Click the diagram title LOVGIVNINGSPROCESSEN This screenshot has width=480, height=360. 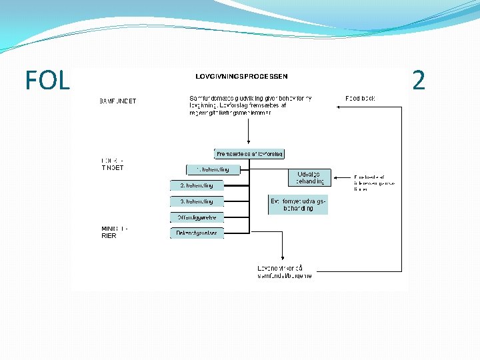click(241, 76)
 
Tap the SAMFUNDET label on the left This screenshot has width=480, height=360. click(118, 101)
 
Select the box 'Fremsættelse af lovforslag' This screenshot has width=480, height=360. click(249, 154)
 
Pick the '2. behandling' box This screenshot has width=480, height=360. click(197, 185)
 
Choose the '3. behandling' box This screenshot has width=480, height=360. click(197, 201)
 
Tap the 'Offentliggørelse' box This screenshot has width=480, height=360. click(197, 218)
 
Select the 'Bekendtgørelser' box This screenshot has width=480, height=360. click(197, 233)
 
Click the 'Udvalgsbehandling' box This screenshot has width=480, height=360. click(309, 177)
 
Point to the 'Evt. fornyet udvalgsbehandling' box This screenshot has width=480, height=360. click(298, 205)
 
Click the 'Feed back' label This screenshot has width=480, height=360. click(360, 99)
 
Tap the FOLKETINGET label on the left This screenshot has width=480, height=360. click(113, 164)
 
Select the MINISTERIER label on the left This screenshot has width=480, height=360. click(114, 232)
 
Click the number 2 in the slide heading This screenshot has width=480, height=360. click(419, 81)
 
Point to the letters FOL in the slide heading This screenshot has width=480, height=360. click(47, 81)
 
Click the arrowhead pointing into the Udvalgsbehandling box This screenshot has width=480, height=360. click(334, 178)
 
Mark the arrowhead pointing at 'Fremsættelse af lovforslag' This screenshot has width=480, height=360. click(249, 145)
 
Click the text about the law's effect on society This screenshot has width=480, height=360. click(285, 272)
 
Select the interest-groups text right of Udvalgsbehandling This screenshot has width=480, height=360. click(374, 183)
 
